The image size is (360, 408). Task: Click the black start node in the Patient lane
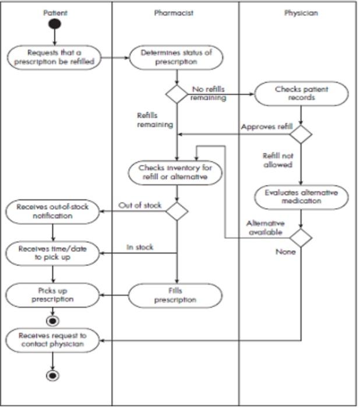click(54, 24)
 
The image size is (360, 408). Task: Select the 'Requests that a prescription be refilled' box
click(53, 57)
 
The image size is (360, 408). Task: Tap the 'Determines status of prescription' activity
click(175, 57)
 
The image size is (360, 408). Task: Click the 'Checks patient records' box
click(301, 93)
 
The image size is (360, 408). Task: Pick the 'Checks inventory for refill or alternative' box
click(175, 173)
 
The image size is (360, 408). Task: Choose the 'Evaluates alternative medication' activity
click(301, 196)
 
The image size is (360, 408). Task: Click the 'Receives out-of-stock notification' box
click(53, 211)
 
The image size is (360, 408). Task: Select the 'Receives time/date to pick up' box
click(53, 253)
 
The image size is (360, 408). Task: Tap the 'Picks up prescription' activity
click(53, 294)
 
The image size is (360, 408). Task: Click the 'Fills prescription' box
click(175, 296)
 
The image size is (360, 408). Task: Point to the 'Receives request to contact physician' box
click(53, 340)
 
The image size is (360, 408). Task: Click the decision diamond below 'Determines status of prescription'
click(177, 94)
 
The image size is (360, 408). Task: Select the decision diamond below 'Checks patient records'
click(301, 134)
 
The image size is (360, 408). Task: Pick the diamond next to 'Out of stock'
click(177, 211)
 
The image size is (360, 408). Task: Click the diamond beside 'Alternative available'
click(301, 238)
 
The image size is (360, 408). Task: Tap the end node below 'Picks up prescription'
click(53, 321)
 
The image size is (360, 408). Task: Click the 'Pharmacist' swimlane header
click(174, 12)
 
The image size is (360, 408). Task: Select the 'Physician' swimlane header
click(301, 12)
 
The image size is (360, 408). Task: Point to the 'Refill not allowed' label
click(278, 160)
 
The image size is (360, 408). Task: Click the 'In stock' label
click(140, 247)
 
